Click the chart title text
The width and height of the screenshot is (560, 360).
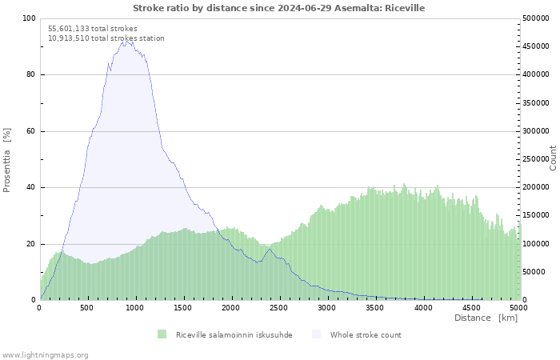279,8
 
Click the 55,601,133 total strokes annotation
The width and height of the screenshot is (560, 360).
93,29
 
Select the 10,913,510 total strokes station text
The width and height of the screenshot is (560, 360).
106,38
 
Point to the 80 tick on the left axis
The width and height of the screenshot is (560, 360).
30,74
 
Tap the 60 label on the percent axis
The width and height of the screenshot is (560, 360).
30,131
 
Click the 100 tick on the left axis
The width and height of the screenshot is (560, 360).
29,18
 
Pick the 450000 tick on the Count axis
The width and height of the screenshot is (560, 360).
536,46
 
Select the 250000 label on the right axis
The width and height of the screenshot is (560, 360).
536,159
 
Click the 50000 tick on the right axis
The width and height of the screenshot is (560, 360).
534,272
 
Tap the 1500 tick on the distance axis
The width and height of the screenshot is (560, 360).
183,308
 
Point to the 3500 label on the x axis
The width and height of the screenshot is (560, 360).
374,308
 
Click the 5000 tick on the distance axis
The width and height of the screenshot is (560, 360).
518,308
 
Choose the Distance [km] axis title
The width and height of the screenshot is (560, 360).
486,318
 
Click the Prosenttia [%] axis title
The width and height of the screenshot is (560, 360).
6,160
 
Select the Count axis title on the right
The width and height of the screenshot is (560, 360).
553,158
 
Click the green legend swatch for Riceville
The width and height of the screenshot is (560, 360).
162,334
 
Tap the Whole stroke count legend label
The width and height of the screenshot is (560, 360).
366,335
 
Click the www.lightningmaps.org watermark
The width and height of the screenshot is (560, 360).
45,355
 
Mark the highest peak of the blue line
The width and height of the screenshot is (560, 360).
126,41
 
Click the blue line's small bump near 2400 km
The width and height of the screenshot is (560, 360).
269,250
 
